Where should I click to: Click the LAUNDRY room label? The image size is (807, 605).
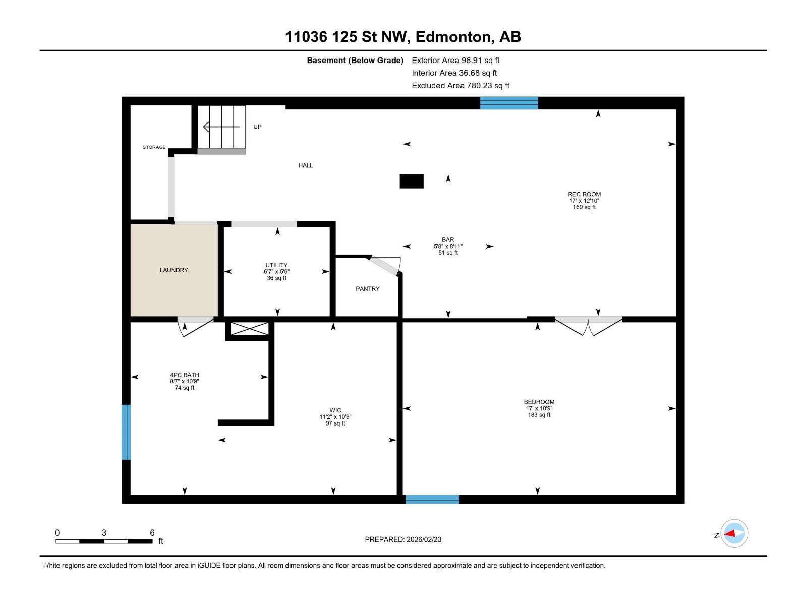click(174, 270)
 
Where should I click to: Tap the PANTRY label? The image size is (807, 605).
click(367, 289)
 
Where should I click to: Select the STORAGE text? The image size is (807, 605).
click(154, 147)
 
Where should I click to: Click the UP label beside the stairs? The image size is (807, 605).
click(257, 127)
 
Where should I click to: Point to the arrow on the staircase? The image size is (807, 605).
click(221, 127)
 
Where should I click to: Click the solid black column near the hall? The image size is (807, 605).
click(412, 181)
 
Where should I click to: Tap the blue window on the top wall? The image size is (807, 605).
click(509, 103)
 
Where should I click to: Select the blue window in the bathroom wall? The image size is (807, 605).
click(126, 432)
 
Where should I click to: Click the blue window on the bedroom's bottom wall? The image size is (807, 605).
click(432, 499)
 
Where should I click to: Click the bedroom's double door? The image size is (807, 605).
click(588, 326)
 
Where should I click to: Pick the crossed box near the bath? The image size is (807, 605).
click(250, 329)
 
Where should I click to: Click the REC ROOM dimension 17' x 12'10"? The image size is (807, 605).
click(584, 201)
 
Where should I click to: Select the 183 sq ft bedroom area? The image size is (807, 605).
click(539, 415)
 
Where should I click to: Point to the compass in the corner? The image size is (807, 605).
click(734, 533)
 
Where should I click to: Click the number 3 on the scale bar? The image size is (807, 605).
click(104, 532)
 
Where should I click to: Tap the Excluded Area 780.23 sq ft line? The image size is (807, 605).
click(460, 86)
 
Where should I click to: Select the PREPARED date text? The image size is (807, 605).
click(403, 539)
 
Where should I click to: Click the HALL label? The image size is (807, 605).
click(306, 166)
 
